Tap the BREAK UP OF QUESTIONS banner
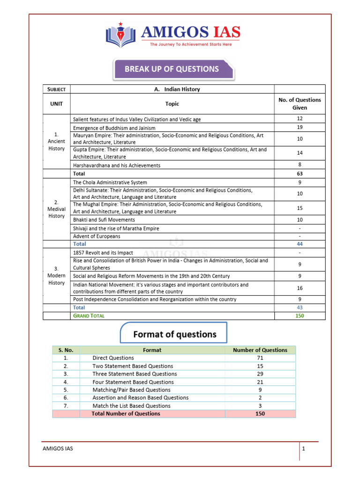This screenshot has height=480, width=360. point(172,69)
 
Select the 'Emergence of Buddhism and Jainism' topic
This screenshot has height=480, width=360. point(114,127)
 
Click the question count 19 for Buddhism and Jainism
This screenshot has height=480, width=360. point(300,127)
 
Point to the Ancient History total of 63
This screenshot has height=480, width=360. point(300,173)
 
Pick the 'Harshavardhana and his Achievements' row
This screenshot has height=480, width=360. point(117,165)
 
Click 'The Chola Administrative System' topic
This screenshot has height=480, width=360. point(110,182)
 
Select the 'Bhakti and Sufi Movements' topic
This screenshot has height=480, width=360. point(104,219)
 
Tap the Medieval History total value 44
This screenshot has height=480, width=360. point(300,244)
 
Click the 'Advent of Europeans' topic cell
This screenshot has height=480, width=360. point(97,236)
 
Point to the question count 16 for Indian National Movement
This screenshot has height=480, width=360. point(300,288)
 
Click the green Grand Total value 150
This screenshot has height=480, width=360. point(300,315)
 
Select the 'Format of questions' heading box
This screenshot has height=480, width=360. point(174,334)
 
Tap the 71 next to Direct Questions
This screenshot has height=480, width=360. point(260,358)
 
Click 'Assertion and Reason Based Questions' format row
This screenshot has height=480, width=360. point(140,397)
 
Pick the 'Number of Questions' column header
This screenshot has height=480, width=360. point(260,350)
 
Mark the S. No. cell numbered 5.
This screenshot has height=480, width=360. point(66,390)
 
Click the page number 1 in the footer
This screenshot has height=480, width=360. point(304,449)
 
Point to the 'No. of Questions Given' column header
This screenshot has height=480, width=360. point(300,104)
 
